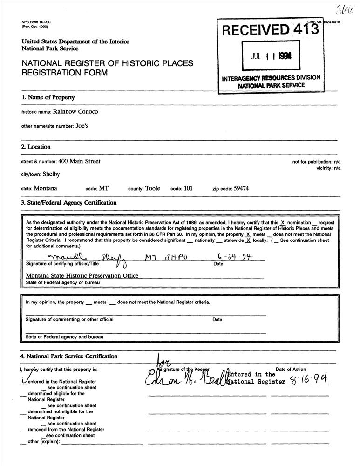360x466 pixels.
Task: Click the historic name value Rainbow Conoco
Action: click(75, 112)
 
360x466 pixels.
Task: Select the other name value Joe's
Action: click(82, 126)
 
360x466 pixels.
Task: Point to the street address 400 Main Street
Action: click(79, 161)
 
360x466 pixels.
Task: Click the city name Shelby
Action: click(51, 174)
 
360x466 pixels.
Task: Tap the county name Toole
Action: click(152, 189)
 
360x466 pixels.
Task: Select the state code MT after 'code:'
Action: click(104, 189)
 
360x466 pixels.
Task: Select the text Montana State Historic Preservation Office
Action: click(82, 275)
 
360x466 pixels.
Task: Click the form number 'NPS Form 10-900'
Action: click(37, 22)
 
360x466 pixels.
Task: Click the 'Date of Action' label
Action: click(291, 370)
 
